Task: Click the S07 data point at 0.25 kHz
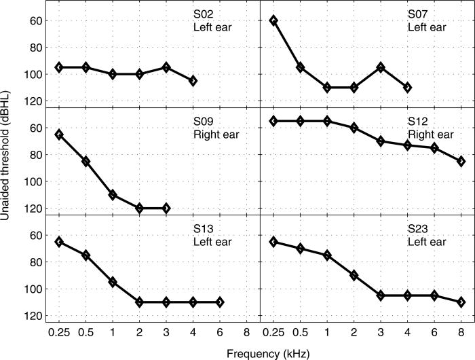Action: tap(273, 20)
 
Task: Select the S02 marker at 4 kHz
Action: tap(193, 81)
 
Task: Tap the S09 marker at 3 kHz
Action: tap(166, 208)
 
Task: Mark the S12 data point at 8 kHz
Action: tap(461, 161)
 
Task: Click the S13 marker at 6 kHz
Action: tap(220, 302)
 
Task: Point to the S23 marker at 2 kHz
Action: tap(354, 275)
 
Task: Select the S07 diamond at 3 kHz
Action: tap(381, 67)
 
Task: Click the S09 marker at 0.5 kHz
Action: tap(86, 161)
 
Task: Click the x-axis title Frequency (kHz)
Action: tap(261, 352)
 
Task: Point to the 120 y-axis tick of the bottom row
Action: tap(36, 316)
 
